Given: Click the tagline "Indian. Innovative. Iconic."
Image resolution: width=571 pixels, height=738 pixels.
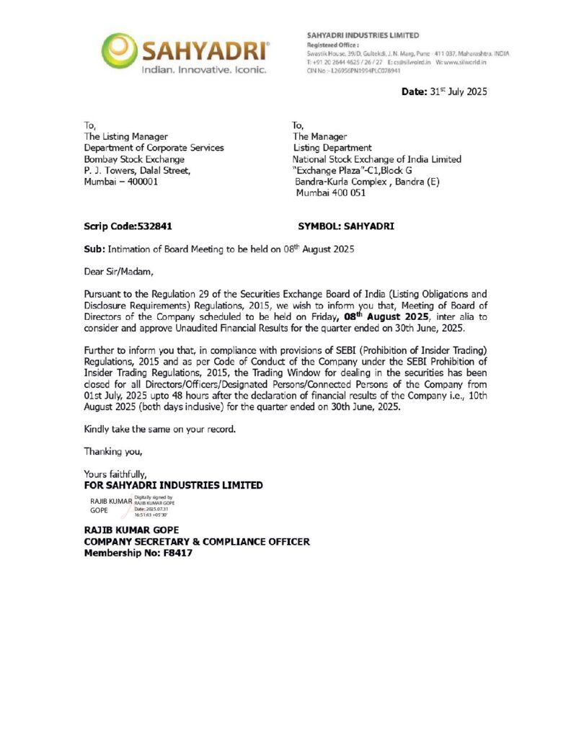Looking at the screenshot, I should pyautogui.click(x=203, y=70).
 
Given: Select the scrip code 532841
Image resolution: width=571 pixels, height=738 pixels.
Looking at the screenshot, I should pyautogui.click(x=156, y=226).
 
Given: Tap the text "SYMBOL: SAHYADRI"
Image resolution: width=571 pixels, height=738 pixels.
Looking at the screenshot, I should pyautogui.click(x=346, y=226).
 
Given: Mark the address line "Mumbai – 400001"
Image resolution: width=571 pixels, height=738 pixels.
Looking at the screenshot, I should pyautogui.click(x=121, y=182).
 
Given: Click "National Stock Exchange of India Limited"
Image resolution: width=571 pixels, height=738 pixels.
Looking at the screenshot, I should pyautogui.click(x=376, y=159).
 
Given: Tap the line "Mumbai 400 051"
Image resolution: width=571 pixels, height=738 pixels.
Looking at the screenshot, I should pyautogui.click(x=330, y=193).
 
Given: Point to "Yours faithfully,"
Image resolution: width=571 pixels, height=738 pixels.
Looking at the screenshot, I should pyautogui.click(x=115, y=474).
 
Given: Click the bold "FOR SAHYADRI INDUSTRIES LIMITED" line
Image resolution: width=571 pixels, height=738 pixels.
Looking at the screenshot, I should pyautogui.click(x=174, y=485).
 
